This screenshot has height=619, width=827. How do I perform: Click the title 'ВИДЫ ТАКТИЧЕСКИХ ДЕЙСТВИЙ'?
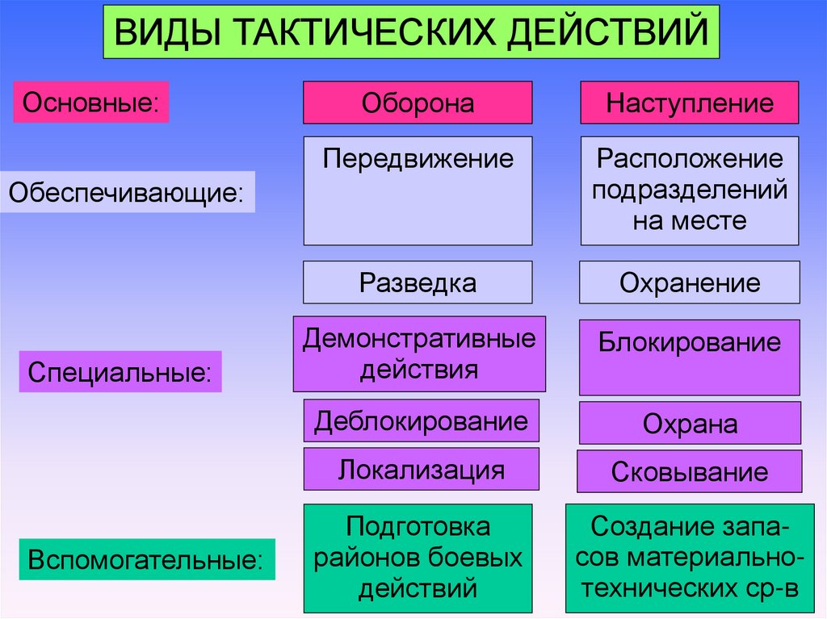tap(410, 34)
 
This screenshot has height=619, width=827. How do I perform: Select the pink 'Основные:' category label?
tap(90, 102)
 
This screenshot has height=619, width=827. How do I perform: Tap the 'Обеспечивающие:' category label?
tap(127, 192)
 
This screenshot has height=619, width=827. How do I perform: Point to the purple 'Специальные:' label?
tap(120, 372)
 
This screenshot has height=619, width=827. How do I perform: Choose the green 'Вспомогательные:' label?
tap(146, 558)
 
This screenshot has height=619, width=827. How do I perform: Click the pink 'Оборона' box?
tap(418, 102)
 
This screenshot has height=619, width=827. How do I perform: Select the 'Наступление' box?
tap(690, 102)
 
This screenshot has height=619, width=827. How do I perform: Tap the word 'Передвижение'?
tap(418, 157)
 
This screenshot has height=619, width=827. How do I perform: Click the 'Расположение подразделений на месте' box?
tap(690, 190)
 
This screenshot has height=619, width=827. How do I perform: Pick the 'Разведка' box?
tap(418, 282)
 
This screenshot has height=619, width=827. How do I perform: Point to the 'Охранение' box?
tap(690, 282)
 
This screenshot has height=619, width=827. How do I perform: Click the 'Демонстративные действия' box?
tap(419, 353)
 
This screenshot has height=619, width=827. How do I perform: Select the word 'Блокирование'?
tap(690, 342)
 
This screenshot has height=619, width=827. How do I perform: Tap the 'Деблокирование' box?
tap(421, 420)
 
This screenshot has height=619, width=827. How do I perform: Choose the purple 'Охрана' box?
tap(690, 424)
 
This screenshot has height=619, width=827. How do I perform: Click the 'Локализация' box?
tap(421, 469)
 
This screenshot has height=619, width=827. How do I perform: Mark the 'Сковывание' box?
tap(690, 471)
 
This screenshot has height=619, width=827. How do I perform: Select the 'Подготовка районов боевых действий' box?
tap(418, 558)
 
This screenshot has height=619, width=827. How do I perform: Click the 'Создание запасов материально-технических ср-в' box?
tap(690, 558)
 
